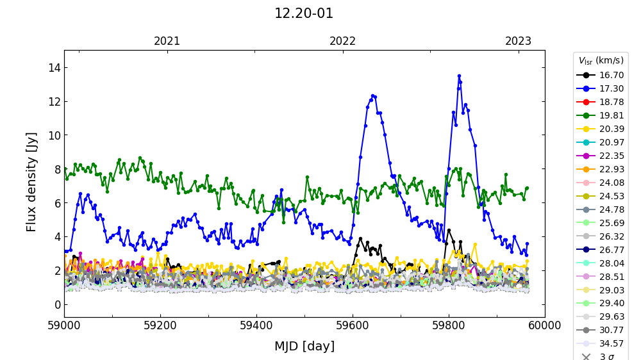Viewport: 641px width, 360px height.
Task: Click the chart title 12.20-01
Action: (304, 13)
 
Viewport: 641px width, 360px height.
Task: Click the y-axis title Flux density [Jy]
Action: (32, 182)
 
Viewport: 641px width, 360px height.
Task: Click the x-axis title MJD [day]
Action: (304, 347)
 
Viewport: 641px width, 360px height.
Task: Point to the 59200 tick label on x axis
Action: (160, 326)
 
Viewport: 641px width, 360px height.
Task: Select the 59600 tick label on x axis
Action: (353, 326)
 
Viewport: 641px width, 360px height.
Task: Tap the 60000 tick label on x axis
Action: (545, 326)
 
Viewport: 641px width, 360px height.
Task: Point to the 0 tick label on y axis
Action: (56, 304)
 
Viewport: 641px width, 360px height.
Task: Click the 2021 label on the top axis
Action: (167, 41)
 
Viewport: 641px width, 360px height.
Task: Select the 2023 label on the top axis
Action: (518, 41)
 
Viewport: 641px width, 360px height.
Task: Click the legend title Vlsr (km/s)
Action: (601, 61)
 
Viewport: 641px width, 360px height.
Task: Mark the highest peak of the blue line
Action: (459, 76)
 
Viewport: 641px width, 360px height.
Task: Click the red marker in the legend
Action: (585, 102)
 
